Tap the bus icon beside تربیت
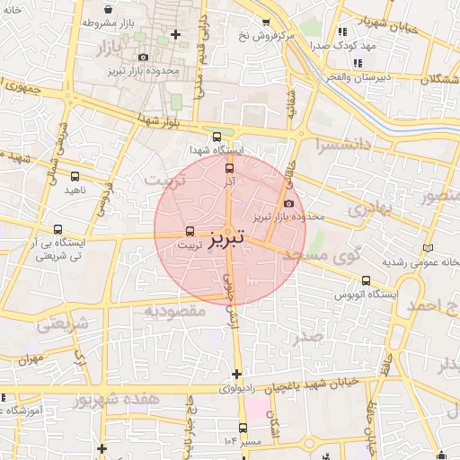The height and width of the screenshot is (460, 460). point(190,230)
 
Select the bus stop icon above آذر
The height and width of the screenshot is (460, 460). point(228,167)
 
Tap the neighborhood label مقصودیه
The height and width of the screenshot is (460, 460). point(175,311)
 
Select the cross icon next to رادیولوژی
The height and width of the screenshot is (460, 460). point(237,373)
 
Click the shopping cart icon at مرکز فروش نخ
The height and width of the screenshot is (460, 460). point(265,23)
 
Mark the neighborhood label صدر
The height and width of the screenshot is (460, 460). point(307,338)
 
